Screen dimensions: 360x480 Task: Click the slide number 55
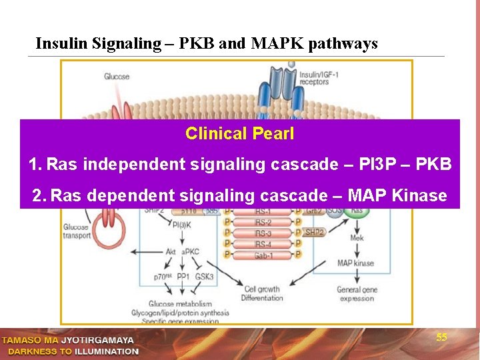tap(441, 337)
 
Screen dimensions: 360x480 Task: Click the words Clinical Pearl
tap(239, 133)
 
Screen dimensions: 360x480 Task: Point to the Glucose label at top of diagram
tap(117, 77)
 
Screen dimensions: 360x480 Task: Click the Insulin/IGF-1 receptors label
tap(319, 78)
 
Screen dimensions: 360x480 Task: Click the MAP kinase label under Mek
tap(355, 263)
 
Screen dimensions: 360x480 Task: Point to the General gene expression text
tap(357, 294)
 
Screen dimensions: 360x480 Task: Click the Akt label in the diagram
tap(171, 252)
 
